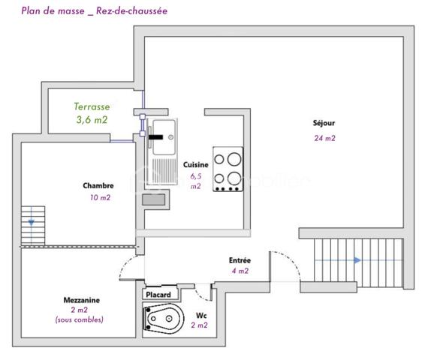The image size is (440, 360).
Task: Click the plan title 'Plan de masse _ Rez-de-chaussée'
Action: (94, 10)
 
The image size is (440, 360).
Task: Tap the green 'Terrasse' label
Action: (92, 107)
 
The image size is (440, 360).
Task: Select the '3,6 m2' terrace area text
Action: (92, 119)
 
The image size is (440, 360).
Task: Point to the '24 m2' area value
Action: (324, 138)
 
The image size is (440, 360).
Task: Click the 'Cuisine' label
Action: (195, 164)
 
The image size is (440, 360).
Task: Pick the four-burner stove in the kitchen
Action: (228, 169)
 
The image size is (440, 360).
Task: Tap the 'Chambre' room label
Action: (98, 185)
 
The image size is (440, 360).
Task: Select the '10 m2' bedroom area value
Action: (99, 198)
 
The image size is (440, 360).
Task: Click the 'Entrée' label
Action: (240, 260)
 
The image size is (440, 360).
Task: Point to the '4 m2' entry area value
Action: (240, 271)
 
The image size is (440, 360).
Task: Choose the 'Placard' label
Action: (158, 295)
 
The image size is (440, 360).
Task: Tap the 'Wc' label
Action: (201, 316)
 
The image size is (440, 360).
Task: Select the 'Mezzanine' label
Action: (82, 300)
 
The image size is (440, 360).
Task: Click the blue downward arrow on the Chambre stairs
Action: (31, 223)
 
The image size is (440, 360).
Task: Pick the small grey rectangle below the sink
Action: (155, 199)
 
